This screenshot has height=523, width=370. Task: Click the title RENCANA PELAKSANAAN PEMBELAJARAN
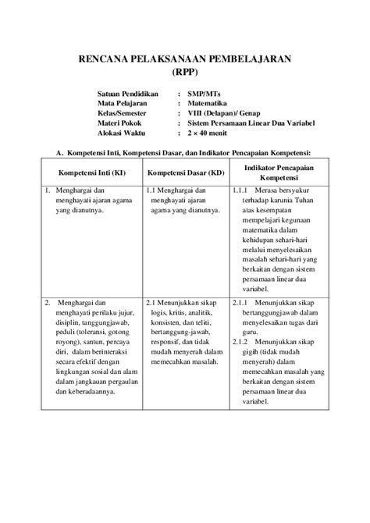(184, 59)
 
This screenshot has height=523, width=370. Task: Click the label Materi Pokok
(121, 123)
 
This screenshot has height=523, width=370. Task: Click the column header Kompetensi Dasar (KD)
(186, 172)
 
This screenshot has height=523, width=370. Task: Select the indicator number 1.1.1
(240, 190)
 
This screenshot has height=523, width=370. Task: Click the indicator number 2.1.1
(240, 301)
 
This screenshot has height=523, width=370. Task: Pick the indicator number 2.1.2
(240, 343)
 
